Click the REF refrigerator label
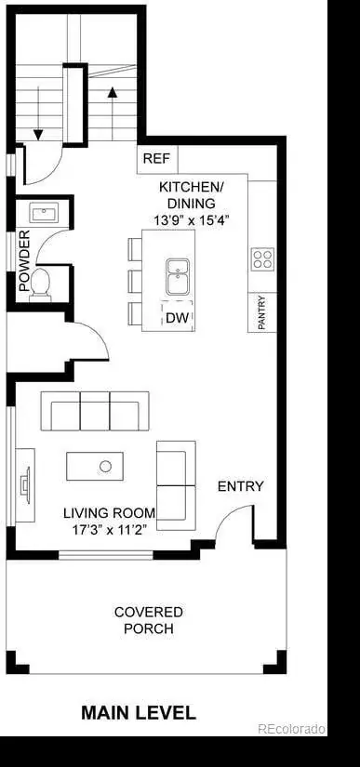(x=156, y=159)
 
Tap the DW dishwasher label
(x=177, y=318)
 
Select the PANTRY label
(x=261, y=312)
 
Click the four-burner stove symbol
(x=262, y=259)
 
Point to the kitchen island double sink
(x=178, y=277)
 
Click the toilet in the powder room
(x=40, y=284)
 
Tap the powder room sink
(x=44, y=213)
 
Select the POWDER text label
(x=24, y=260)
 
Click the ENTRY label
(x=241, y=487)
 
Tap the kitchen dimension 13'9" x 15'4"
(x=192, y=220)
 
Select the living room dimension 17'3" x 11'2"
(x=110, y=530)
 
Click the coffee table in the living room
(x=95, y=466)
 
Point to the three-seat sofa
(x=95, y=411)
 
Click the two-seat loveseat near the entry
(x=176, y=485)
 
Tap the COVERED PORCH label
(x=149, y=620)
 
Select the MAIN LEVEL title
(x=139, y=713)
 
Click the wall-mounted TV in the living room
(x=25, y=485)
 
